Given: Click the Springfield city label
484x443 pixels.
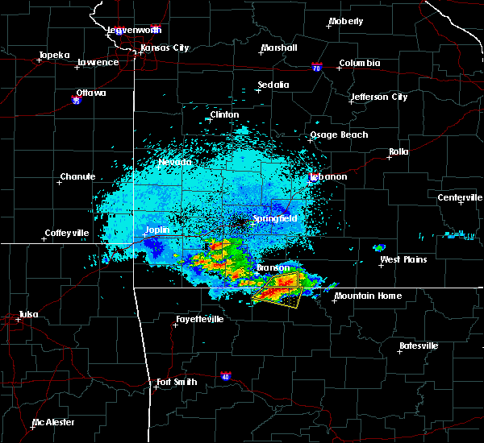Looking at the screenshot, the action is (x=275, y=218).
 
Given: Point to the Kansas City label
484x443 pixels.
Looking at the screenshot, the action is (x=165, y=48).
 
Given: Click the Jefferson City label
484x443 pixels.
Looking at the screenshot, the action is (x=378, y=97).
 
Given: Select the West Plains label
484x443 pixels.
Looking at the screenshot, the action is (x=403, y=259).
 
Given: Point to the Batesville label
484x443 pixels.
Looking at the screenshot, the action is (x=419, y=346).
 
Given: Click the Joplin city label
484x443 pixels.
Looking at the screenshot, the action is (x=156, y=230).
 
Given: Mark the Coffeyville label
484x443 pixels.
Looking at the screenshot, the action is (x=65, y=234).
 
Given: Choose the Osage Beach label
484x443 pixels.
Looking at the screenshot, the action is (x=339, y=135).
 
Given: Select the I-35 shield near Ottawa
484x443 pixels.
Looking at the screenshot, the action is (x=76, y=101).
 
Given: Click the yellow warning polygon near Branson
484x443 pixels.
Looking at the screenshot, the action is (x=279, y=289).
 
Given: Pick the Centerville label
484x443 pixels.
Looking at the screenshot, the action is (x=460, y=197).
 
